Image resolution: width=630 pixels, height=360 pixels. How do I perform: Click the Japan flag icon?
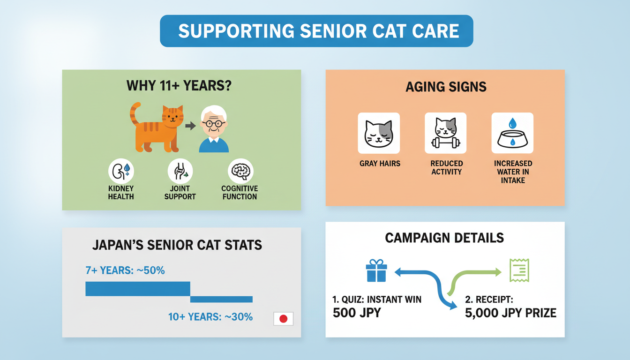[x=283, y=319]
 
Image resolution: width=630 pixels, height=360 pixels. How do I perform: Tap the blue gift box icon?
[x=376, y=270]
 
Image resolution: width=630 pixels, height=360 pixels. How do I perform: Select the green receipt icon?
[x=519, y=270]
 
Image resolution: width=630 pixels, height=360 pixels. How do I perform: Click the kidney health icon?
[x=121, y=171]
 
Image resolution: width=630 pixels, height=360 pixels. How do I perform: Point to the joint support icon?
[x=180, y=171]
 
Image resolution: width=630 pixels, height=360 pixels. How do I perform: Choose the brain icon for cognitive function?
[x=240, y=171]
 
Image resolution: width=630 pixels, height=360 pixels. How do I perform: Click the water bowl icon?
[x=512, y=133]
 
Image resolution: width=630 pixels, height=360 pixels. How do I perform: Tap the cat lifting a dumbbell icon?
[x=445, y=133]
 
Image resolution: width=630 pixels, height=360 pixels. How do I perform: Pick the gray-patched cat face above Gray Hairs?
[x=379, y=133]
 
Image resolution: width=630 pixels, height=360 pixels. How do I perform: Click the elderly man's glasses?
[x=214, y=123]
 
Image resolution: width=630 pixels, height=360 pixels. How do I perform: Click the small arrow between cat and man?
[x=190, y=126]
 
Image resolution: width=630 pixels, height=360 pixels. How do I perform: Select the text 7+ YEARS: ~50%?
[x=125, y=270]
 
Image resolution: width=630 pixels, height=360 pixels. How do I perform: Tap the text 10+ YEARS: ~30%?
[x=210, y=317]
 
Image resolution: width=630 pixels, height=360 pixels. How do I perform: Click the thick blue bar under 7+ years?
[x=138, y=289]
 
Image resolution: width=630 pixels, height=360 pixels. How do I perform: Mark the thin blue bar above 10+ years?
[x=221, y=299]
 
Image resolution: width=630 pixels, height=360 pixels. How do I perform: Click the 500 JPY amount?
[x=357, y=313]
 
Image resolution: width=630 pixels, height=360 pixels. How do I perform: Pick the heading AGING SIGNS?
[x=446, y=87]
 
